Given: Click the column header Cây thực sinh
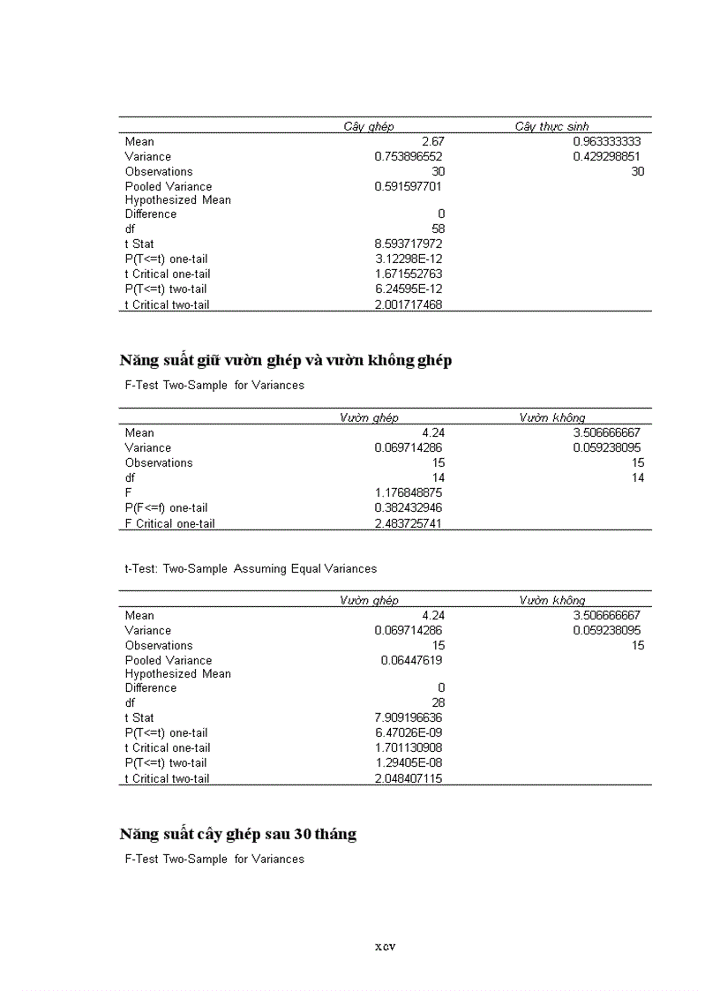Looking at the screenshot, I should click(x=551, y=127).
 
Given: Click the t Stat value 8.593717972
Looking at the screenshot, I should click(x=408, y=244).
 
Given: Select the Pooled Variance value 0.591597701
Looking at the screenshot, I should click(x=408, y=186).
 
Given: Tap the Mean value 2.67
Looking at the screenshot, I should click(x=432, y=141).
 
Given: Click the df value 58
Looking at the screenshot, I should click(x=438, y=229).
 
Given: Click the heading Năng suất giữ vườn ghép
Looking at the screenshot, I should click(x=285, y=360).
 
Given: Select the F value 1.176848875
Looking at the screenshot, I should click(x=408, y=492).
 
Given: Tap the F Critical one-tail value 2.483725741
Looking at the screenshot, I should click(x=408, y=523).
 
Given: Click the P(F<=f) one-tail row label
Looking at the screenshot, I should click(x=166, y=507).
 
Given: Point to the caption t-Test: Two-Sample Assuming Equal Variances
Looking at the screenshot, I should click(x=250, y=568).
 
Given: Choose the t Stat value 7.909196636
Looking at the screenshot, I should click(x=408, y=717).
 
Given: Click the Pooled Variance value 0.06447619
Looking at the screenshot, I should click(x=411, y=660).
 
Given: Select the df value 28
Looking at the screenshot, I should click(x=438, y=702).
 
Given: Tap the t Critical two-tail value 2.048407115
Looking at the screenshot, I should click(x=408, y=778).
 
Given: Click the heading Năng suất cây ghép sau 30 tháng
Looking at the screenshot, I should click(x=237, y=834).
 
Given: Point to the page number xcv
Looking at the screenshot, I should click(x=384, y=947).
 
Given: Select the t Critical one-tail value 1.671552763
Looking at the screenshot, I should click(x=408, y=274).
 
